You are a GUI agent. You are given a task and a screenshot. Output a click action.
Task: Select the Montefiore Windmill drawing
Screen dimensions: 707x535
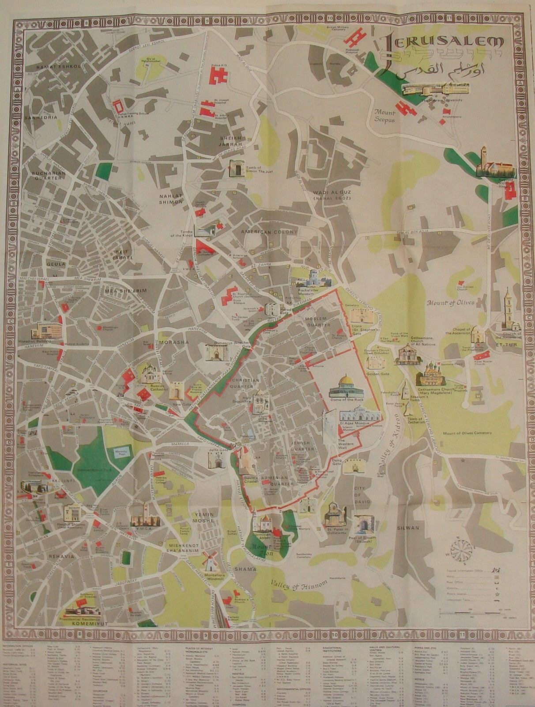[208, 560]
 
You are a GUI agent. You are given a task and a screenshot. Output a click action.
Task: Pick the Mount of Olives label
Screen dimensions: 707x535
[450, 303]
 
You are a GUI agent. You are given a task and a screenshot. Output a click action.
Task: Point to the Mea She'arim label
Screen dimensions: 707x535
[119, 290]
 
